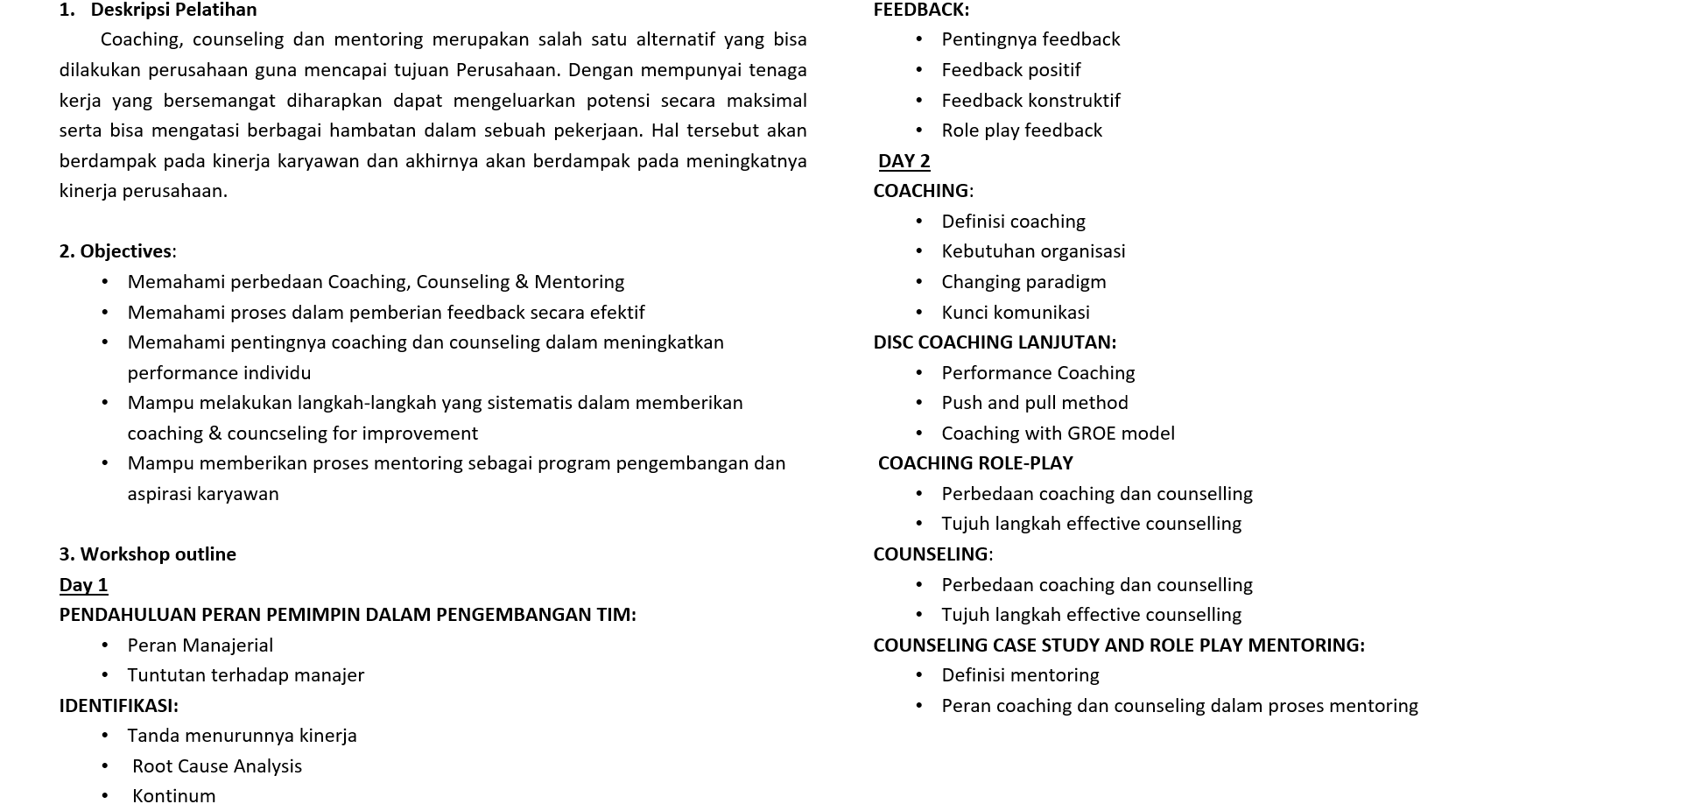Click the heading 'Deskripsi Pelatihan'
tap(173, 10)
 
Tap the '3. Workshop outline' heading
tap(147, 554)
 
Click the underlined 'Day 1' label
tap(83, 585)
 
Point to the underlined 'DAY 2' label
tap(904, 161)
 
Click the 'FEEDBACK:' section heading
tap(921, 10)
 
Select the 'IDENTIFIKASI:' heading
tap(118, 706)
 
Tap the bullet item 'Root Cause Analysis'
tap(217, 766)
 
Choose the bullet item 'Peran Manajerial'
tap(200, 645)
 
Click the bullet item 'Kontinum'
tap(173, 795)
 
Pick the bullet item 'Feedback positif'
tap(1010, 70)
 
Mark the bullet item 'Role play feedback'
tap(1021, 130)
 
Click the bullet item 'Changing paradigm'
tap(1023, 282)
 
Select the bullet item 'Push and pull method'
tap(1034, 403)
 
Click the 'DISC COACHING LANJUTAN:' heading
tap(995, 342)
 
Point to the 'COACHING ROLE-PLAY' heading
tap(975, 463)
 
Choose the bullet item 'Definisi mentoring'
tap(1020, 675)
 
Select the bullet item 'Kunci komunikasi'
tap(1015, 313)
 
